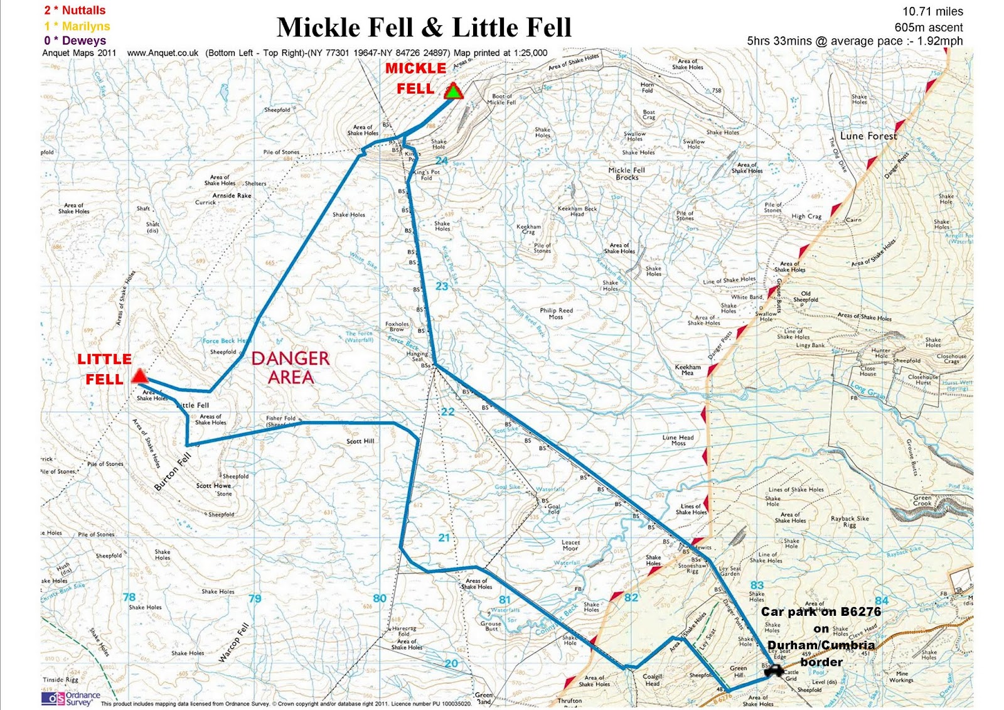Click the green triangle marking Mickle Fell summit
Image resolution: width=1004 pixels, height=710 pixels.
tap(453, 92)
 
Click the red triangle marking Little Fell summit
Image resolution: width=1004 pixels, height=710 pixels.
tap(139, 377)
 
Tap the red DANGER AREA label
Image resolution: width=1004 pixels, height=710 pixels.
tap(291, 368)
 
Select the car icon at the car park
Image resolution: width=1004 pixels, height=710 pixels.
tap(774, 672)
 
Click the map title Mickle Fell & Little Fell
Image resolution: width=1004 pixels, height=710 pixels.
tap(424, 28)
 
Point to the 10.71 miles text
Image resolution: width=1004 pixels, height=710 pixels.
tap(932, 11)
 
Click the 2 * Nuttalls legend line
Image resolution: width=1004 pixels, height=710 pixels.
tap(75, 10)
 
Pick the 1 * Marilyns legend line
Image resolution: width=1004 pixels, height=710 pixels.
tap(77, 26)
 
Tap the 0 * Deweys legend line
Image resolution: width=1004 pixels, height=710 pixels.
tap(75, 40)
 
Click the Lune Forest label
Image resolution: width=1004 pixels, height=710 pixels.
tap(868, 136)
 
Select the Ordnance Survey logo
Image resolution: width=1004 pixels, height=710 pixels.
tap(70, 698)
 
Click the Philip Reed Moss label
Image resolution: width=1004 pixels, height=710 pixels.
tap(556, 313)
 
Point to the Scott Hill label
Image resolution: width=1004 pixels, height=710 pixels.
tap(360, 441)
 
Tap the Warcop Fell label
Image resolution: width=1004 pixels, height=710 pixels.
tap(234, 642)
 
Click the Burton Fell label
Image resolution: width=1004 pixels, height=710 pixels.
tap(173, 471)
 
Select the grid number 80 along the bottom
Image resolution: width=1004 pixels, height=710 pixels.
tap(380, 598)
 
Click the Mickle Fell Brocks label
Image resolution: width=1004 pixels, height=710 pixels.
tap(626, 173)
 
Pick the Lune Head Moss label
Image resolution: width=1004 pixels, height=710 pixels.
tap(678, 440)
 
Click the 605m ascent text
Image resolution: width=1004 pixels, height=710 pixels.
tap(928, 27)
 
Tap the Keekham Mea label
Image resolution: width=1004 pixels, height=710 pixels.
tap(688, 370)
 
